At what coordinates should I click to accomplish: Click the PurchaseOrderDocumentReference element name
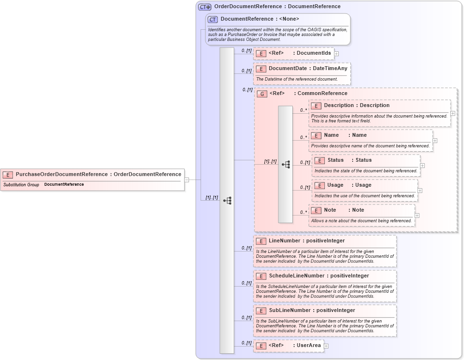(62, 174)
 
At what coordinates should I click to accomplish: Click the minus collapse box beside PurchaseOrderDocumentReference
(187, 180)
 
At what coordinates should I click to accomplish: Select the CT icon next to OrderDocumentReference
(205, 7)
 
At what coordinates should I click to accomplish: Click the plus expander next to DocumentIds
(336, 54)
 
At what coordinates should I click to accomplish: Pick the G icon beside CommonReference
(262, 94)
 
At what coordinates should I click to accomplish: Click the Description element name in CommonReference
(338, 106)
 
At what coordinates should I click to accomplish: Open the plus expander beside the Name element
(435, 141)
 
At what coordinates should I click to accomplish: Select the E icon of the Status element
(319, 160)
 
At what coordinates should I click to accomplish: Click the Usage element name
(335, 185)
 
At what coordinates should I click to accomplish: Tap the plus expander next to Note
(417, 216)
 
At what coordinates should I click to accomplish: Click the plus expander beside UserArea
(326, 346)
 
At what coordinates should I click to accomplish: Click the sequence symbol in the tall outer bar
(227, 201)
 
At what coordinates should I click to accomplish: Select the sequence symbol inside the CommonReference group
(286, 164)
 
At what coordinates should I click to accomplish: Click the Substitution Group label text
(21, 185)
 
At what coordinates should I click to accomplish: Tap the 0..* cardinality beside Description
(303, 110)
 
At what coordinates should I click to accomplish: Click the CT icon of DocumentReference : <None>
(213, 19)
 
